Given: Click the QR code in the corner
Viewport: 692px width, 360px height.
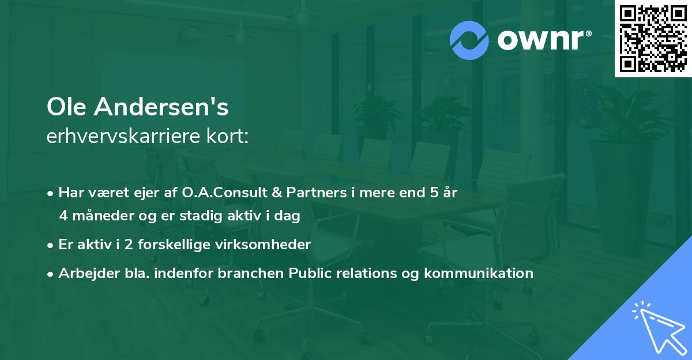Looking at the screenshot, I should pos(653,39).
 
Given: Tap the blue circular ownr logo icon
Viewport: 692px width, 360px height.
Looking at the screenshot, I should pos(470,40).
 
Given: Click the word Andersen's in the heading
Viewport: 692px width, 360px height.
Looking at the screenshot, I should pos(164,107).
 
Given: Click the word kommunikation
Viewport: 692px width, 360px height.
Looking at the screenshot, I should pos(478,273).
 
